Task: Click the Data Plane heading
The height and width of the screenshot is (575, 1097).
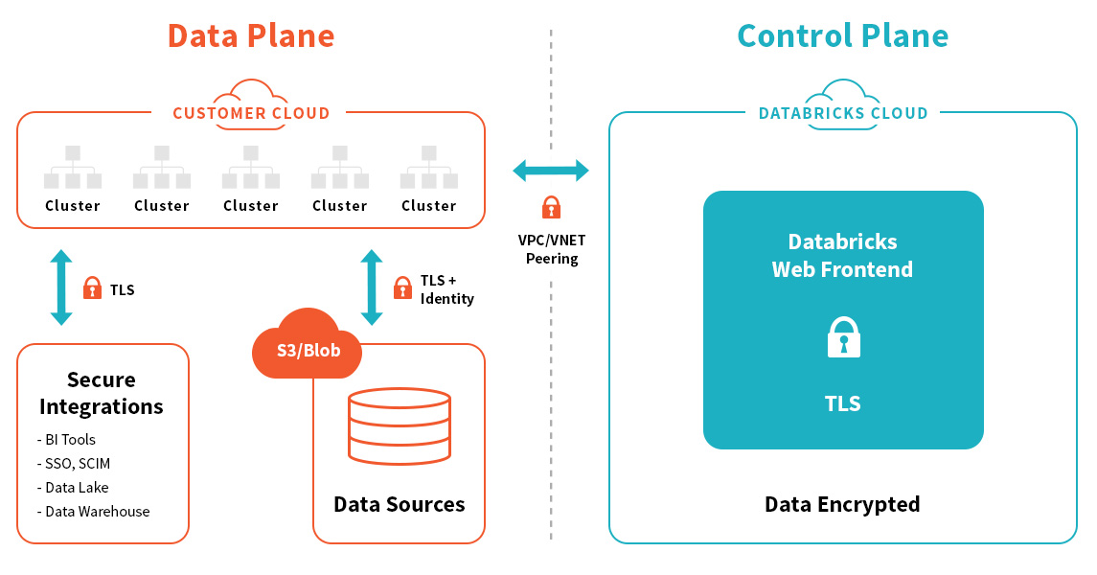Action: pyautogui.click(x=251, y=36)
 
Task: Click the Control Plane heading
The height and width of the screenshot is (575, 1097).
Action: pyautogui.click(x=842, y=36)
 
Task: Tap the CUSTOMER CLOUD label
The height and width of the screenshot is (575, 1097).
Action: pyautogui.click(x=251, y=113)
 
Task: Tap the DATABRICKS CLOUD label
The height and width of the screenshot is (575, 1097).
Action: pyautogui.click(x=843, y=113)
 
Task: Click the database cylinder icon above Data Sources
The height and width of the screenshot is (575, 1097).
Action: pyautogui.click(x=400, y=425)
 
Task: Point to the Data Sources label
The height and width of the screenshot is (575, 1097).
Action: pyautogui.click(x=400, y=504)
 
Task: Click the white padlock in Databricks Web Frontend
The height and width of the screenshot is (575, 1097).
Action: pyautogui.click(x=844, y=338)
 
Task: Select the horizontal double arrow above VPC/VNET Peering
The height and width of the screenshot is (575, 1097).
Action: pyautogui.click(x=551, y=172)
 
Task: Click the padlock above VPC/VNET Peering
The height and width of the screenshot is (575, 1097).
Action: pyautogui.click(x=551, y=207)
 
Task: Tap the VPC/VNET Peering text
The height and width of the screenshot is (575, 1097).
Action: pyautogui.click(x=552, y=249)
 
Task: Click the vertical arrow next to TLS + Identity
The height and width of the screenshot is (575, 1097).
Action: pyautogui.click(x=372, y=287)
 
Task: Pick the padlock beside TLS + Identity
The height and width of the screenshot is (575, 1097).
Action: pyautogui.click(x=402, y=287)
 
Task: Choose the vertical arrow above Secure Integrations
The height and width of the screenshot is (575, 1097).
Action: pyautogui.click(x=61, y=287)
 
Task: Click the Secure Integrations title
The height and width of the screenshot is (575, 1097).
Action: pyautogui.click(x=102, y=393)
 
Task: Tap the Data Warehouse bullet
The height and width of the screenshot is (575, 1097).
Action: pyautogui.click(x=94, y=512)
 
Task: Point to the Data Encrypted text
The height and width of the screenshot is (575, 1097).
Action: pyautogui.click(x=842, y=504)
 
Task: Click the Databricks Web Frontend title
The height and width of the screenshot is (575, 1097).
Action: pyautogui.click(x=843, y=255)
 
